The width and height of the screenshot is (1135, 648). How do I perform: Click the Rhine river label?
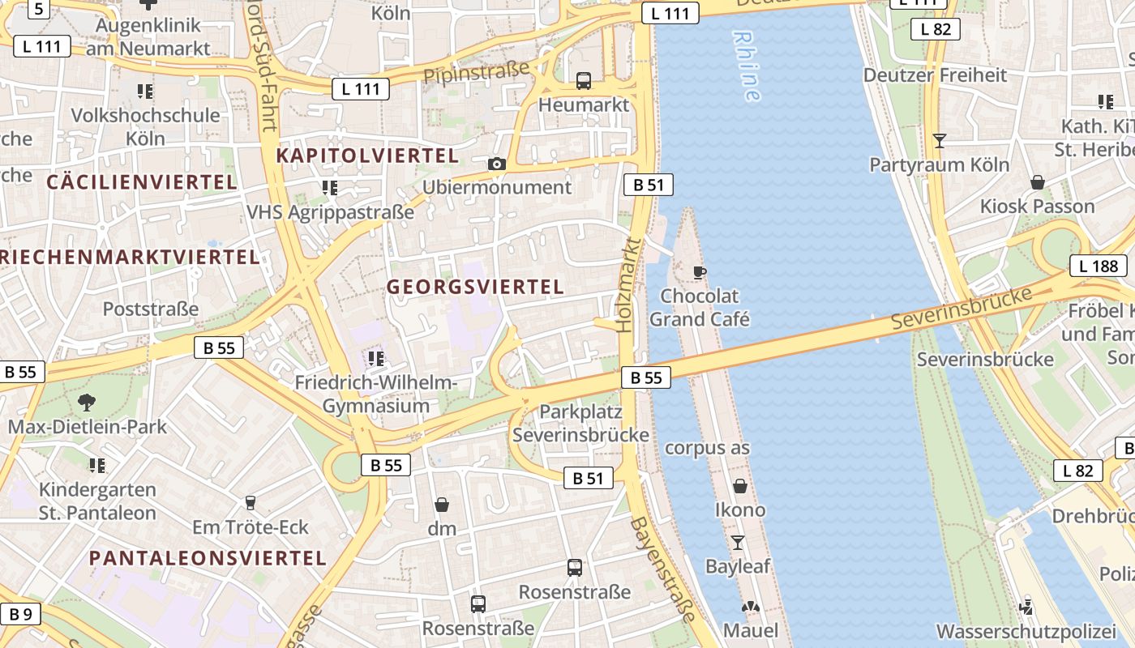747,66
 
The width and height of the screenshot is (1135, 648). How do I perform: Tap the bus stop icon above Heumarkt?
584,81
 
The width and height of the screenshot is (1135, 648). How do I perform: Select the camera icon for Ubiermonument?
497,164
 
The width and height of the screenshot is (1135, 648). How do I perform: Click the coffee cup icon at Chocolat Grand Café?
700,272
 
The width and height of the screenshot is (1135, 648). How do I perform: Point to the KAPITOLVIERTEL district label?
367,155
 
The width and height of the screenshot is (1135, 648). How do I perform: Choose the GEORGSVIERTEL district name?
475,287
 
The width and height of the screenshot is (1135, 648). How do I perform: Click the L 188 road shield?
1099,266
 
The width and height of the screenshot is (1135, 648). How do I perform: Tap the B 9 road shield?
20,614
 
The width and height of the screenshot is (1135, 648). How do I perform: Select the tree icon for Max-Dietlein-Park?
86,402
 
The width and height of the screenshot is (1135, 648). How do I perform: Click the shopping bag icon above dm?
442,505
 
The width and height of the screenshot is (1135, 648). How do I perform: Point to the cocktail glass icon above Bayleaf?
738,542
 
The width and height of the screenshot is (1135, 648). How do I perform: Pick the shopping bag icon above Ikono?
740,486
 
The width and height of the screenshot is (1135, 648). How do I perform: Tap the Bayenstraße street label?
663,569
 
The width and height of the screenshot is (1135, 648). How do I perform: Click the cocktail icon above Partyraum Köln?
940,141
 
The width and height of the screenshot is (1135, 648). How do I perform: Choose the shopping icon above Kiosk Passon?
1038,182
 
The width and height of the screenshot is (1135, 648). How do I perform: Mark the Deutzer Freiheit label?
935,75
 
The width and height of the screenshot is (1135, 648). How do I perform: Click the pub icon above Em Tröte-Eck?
251,503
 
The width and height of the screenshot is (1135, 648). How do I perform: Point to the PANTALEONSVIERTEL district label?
208,558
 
